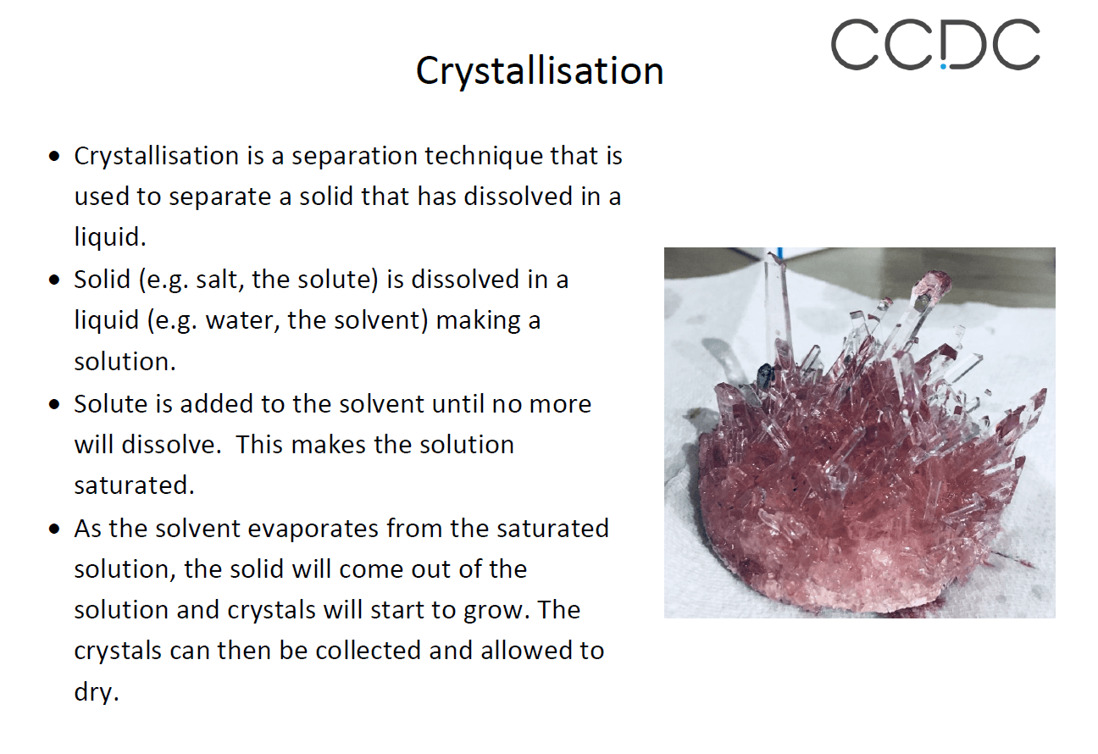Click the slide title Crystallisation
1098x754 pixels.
point(540,71)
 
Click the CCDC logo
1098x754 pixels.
point(934,45)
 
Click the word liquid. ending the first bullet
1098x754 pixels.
point(110,238)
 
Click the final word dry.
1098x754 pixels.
point(96,692)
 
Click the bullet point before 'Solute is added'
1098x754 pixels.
point(56,405)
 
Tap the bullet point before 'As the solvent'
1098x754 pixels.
point(56,529)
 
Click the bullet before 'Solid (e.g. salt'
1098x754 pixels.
point(56,280)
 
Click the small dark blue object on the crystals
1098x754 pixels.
point(765,373)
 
